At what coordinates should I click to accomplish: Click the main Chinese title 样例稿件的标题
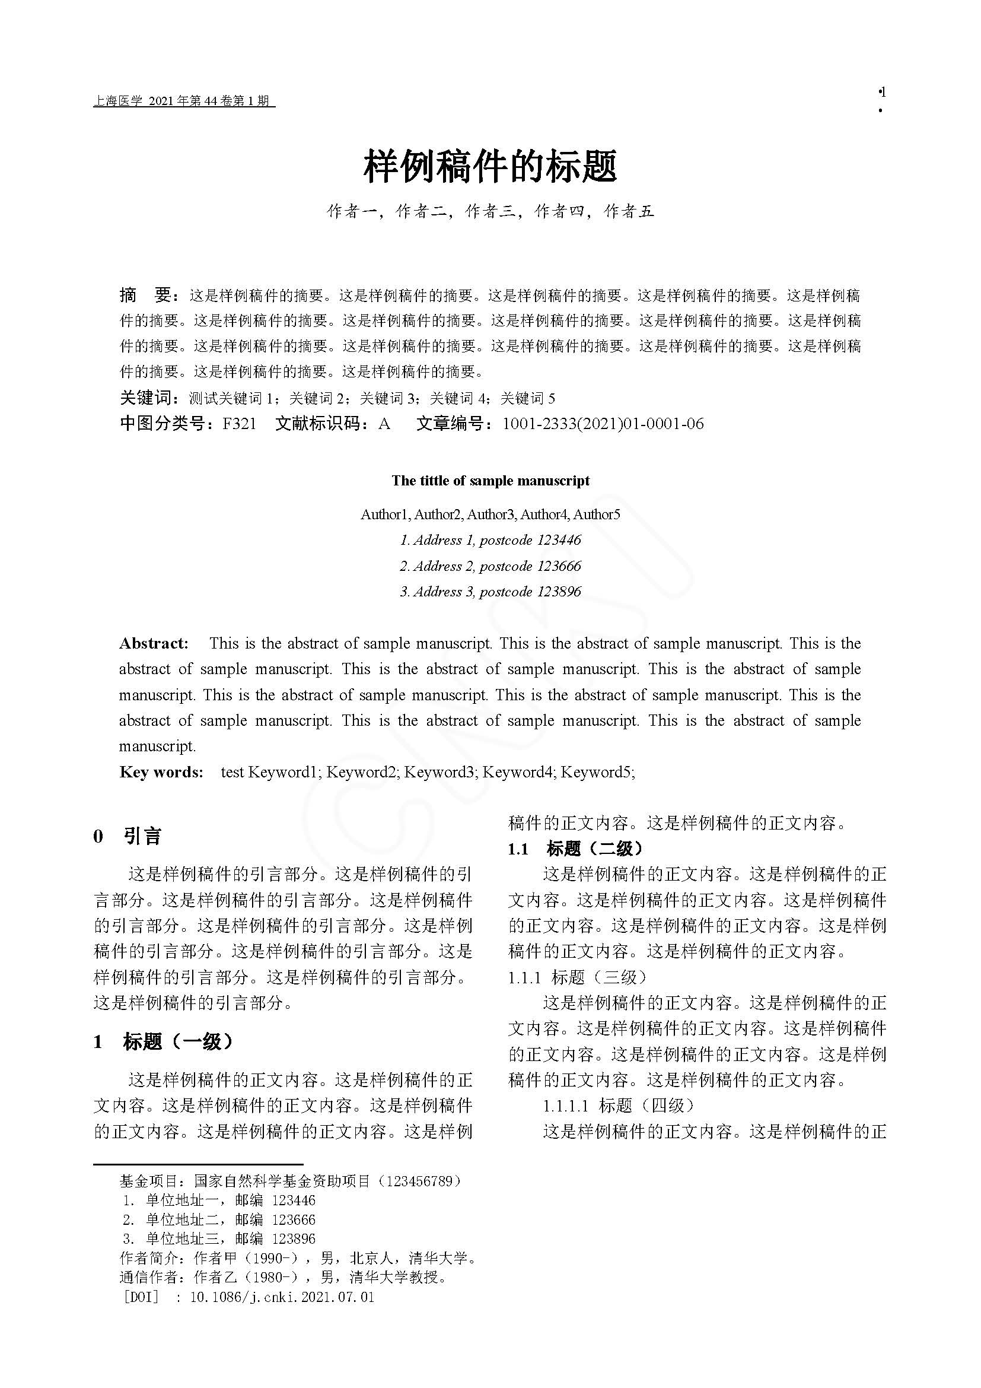click(490, 167)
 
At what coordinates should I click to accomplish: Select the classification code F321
click(239, 424)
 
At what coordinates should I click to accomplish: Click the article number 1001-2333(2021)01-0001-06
click(603, 424)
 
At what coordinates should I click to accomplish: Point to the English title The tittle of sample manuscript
click(490, 481)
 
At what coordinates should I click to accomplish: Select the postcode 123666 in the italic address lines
click(559, 567)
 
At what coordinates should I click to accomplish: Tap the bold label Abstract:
click(154, 643)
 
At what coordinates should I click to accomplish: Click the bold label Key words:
click(161, 772)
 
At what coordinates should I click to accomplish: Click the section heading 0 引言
click(128, 837)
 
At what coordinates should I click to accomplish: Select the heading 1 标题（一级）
click(163, 1041)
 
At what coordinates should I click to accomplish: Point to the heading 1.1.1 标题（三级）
click(577, 977)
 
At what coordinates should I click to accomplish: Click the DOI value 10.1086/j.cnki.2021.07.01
click(282, 1297)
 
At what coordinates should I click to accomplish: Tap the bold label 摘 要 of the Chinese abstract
click(148, 296)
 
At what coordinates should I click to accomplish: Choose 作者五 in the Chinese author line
click(629, 211)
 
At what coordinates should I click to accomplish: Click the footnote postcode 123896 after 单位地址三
click(294, 1238)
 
